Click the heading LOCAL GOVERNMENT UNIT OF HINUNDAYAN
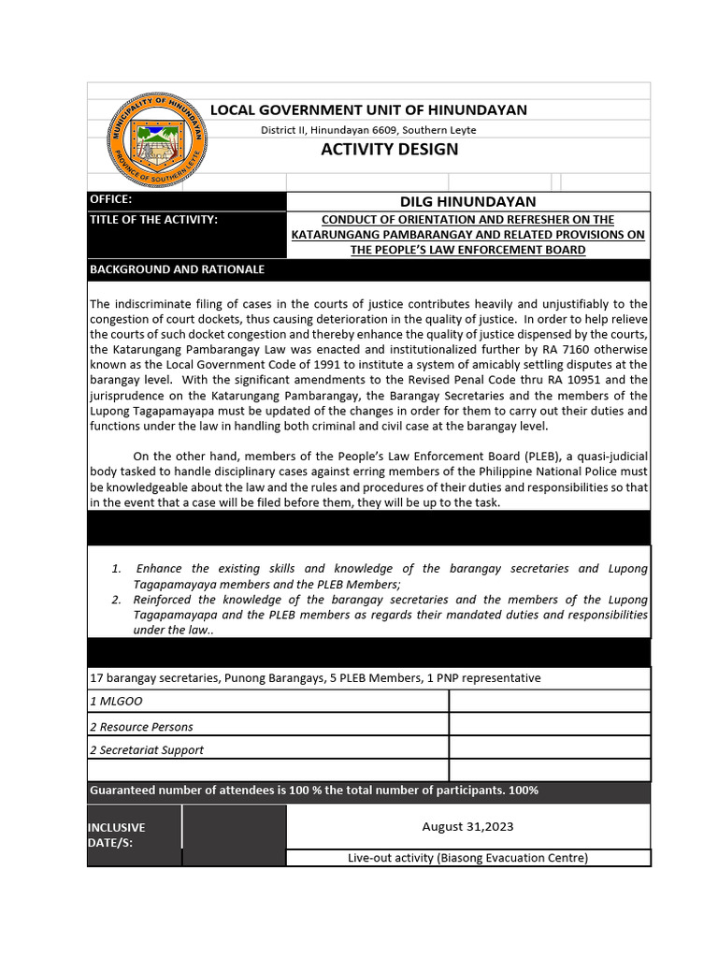(x=368, y=110)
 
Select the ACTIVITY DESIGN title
(x=390, y=150)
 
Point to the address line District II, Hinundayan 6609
(x=368, y=130)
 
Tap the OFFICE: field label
(x=111, y=200)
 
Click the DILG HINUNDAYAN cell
(x=467, y=201)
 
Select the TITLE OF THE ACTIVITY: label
(x=153, y=220)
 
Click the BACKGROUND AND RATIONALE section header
(x=177, y=269)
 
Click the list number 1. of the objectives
(x=116, y=569)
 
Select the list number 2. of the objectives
(x=116, y=600)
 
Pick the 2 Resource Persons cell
(x=142, y=726)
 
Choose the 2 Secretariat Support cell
(x=147, y=749)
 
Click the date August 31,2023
(x=467, y=826)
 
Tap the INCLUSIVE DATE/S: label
(x=117, y=835)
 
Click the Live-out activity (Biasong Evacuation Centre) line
(x=467, y=858)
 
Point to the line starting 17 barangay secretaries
(x=315, y=677)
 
